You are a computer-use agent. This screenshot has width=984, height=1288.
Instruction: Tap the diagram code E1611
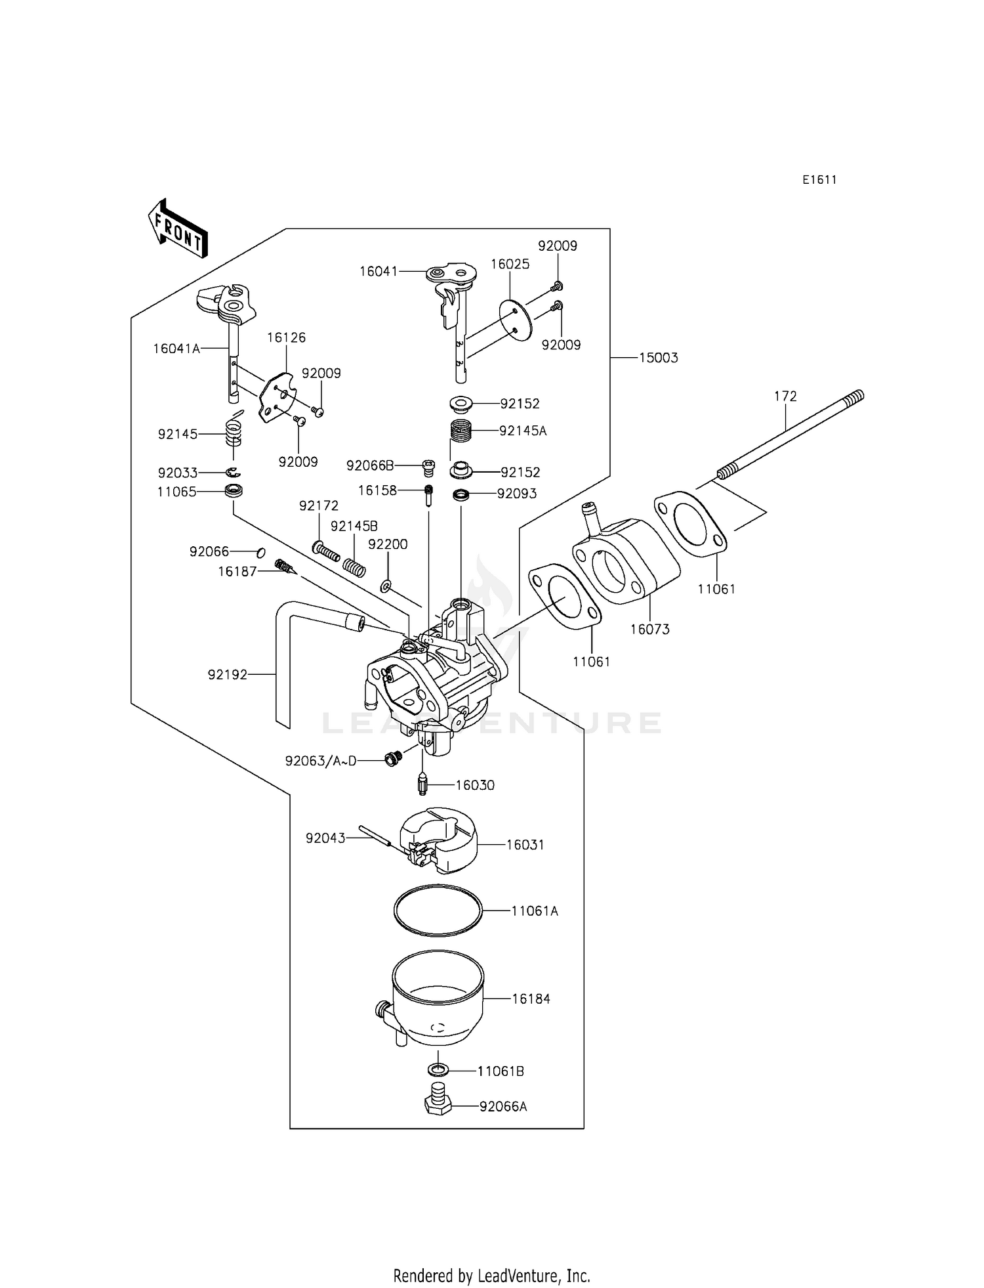[x=819, y=180]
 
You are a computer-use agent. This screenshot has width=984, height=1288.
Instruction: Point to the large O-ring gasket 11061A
[x=438, y=911]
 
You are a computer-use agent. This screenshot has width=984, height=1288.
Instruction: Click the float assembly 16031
[x=440, y=840]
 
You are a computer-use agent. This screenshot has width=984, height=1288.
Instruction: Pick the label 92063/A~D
[x=321, y=761]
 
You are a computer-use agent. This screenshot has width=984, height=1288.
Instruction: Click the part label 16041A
[x=176, y=349]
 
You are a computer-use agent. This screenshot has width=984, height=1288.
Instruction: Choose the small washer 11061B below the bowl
[x=438, y=1071]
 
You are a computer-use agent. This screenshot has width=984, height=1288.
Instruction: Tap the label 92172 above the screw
[x=319, y=505]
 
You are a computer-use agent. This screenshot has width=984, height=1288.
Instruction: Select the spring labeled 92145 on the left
[x=234, y=434]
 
